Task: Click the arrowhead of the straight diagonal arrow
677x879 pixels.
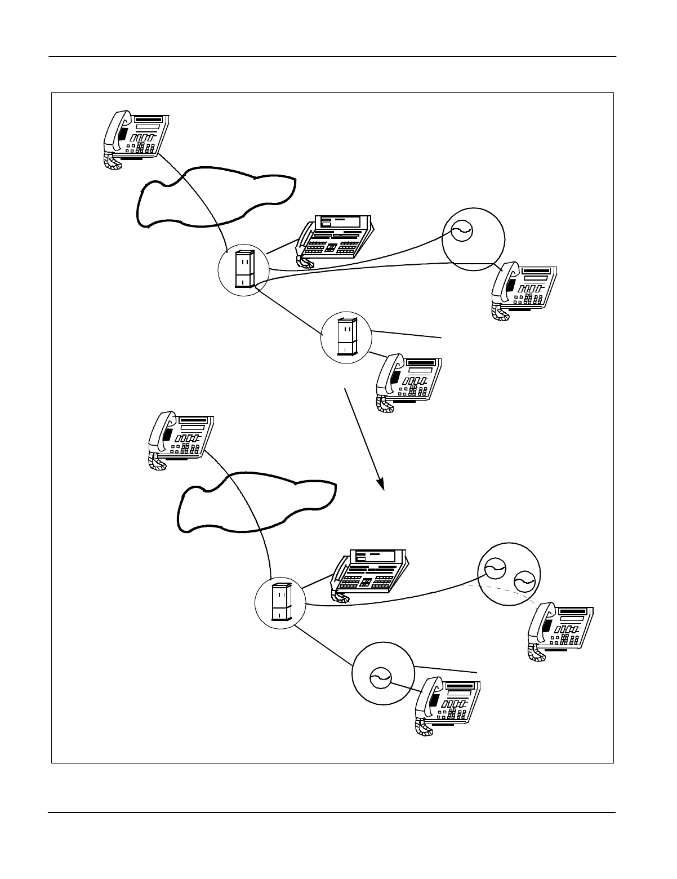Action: [x=381, y=483]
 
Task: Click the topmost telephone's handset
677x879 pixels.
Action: [x=117, y=132]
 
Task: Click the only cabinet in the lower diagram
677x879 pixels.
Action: [x=280, y=602]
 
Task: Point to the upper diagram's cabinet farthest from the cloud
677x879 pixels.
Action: [x=346, y=337]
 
